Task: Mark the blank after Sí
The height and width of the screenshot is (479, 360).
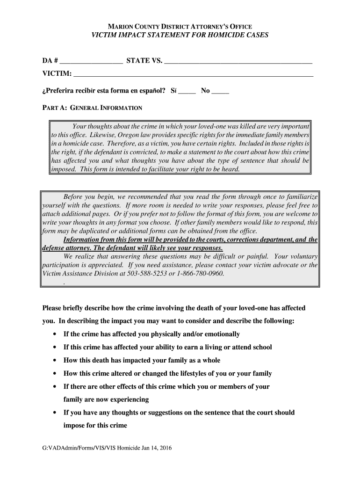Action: pyautogui.click(x=187, y=91)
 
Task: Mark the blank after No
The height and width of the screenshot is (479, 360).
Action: pyautogui.click(x=220, y=91)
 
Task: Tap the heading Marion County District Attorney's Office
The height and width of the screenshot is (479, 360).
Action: pyautogui.click(x=180, y=27)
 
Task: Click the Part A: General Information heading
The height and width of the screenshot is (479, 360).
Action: pyautogui.click(x=92, y=108)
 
